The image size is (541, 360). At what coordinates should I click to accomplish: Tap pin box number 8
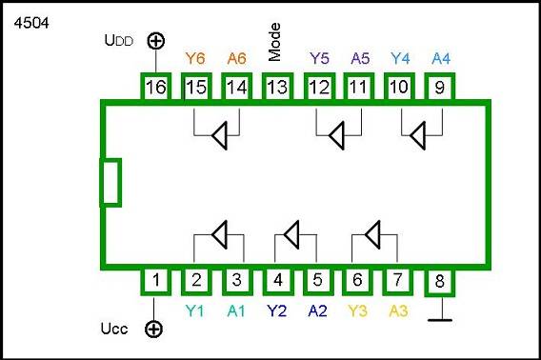point(440,281)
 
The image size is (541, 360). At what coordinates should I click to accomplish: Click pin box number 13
point(276,87)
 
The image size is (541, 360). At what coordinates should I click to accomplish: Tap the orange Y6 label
point(195,58)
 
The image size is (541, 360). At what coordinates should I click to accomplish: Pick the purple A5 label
point(359,58)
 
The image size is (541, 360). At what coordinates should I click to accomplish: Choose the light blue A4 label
point(440,58)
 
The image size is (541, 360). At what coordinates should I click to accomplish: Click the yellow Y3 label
point(358,310)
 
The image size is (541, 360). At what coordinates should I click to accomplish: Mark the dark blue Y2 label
point(277,310)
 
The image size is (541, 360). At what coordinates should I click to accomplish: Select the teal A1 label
point(235,310)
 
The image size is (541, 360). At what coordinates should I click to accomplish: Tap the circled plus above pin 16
point(154,42)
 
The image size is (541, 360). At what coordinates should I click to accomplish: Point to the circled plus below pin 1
point(154,330)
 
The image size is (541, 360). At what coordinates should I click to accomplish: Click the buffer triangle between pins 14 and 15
point(219,137)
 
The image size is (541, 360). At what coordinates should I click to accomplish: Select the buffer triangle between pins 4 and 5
point(292,233)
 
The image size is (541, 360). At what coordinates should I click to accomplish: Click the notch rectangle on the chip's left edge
point(111,182)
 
